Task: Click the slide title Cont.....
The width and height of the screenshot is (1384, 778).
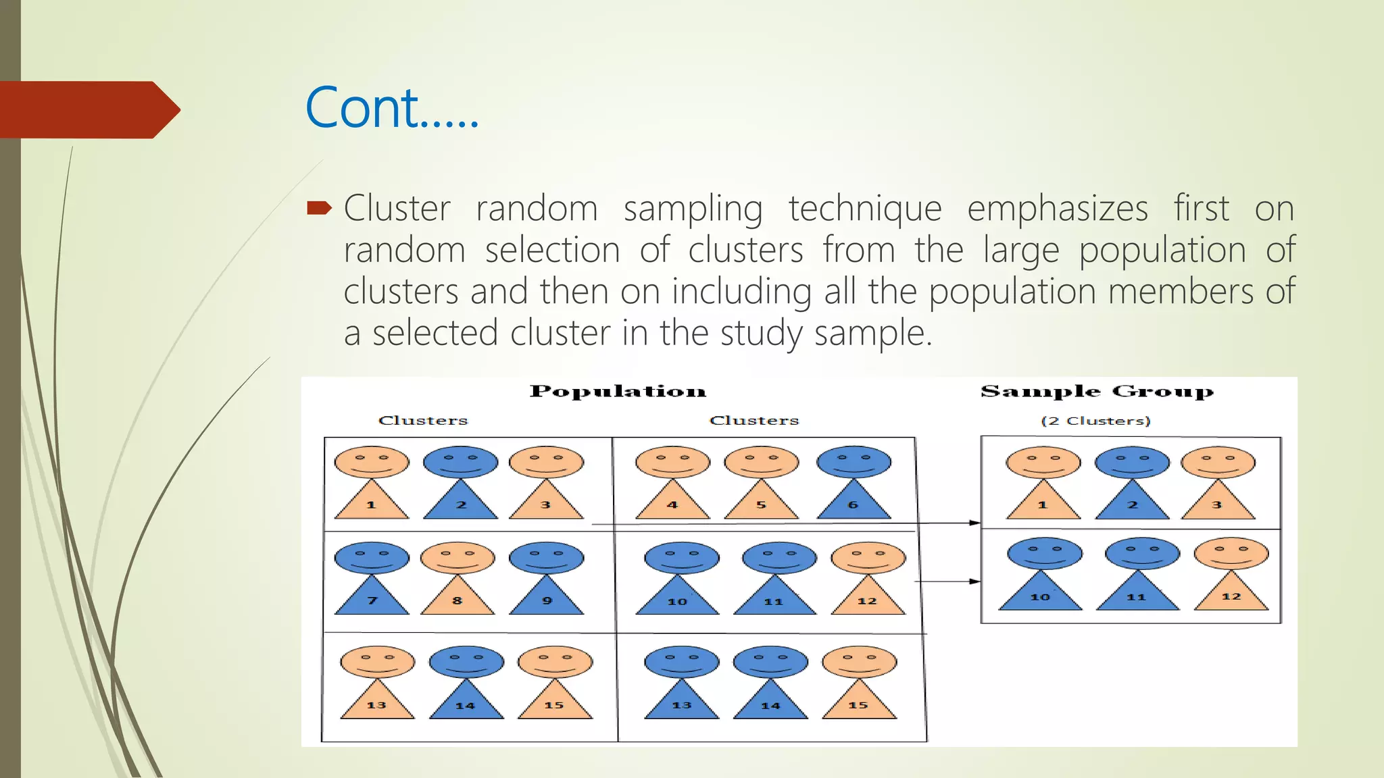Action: coord(392,108)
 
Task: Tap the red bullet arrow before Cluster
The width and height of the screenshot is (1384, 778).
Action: coord(319,207)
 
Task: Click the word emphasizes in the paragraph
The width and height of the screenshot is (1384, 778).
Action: coord(1057,208)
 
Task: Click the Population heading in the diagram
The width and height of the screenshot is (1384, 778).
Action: coord(618,392)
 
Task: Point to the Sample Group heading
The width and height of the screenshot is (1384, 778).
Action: coord(1096,392)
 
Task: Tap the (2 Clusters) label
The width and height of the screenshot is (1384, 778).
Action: coord(1095,421)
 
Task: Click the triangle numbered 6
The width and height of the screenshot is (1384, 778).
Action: coord(854,502)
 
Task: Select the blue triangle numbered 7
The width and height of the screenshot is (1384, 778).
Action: coord(372,597)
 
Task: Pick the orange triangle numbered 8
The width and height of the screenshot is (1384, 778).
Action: coord(458,597)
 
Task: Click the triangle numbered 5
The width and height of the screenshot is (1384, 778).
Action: coord(761,502)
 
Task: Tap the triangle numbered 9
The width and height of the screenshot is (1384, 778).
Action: coord(546,597)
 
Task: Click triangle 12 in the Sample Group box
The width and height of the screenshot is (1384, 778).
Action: coord(1231,594)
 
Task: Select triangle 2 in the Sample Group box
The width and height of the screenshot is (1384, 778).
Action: coord(1132,502)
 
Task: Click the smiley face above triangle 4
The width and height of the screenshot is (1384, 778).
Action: coord(672,462)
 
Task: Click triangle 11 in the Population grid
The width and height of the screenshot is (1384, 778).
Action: coord(774,598)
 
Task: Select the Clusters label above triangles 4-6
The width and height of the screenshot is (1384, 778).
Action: coord(753,421)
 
